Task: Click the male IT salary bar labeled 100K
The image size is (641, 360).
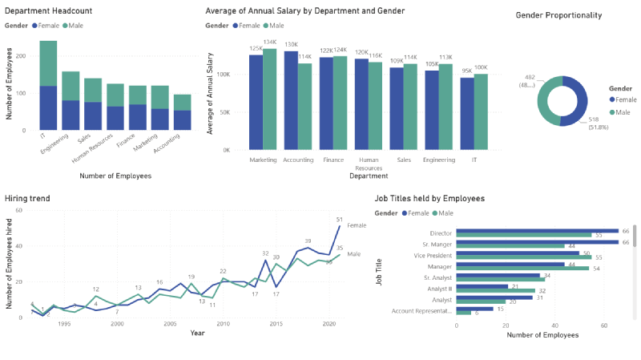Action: point(481,111)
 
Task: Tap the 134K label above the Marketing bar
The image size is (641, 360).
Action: point(270,42)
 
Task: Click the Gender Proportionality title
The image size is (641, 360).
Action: point(558,15)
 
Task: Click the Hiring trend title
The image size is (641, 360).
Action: point(30,197)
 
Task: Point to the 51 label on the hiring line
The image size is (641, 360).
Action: point(339,219)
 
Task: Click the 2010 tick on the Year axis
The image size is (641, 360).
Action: point(223,324)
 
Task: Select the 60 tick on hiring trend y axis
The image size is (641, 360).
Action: point(18,210)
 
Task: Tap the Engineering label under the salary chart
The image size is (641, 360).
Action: point(439,160)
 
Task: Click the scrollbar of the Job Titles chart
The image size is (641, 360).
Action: point(635,237)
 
